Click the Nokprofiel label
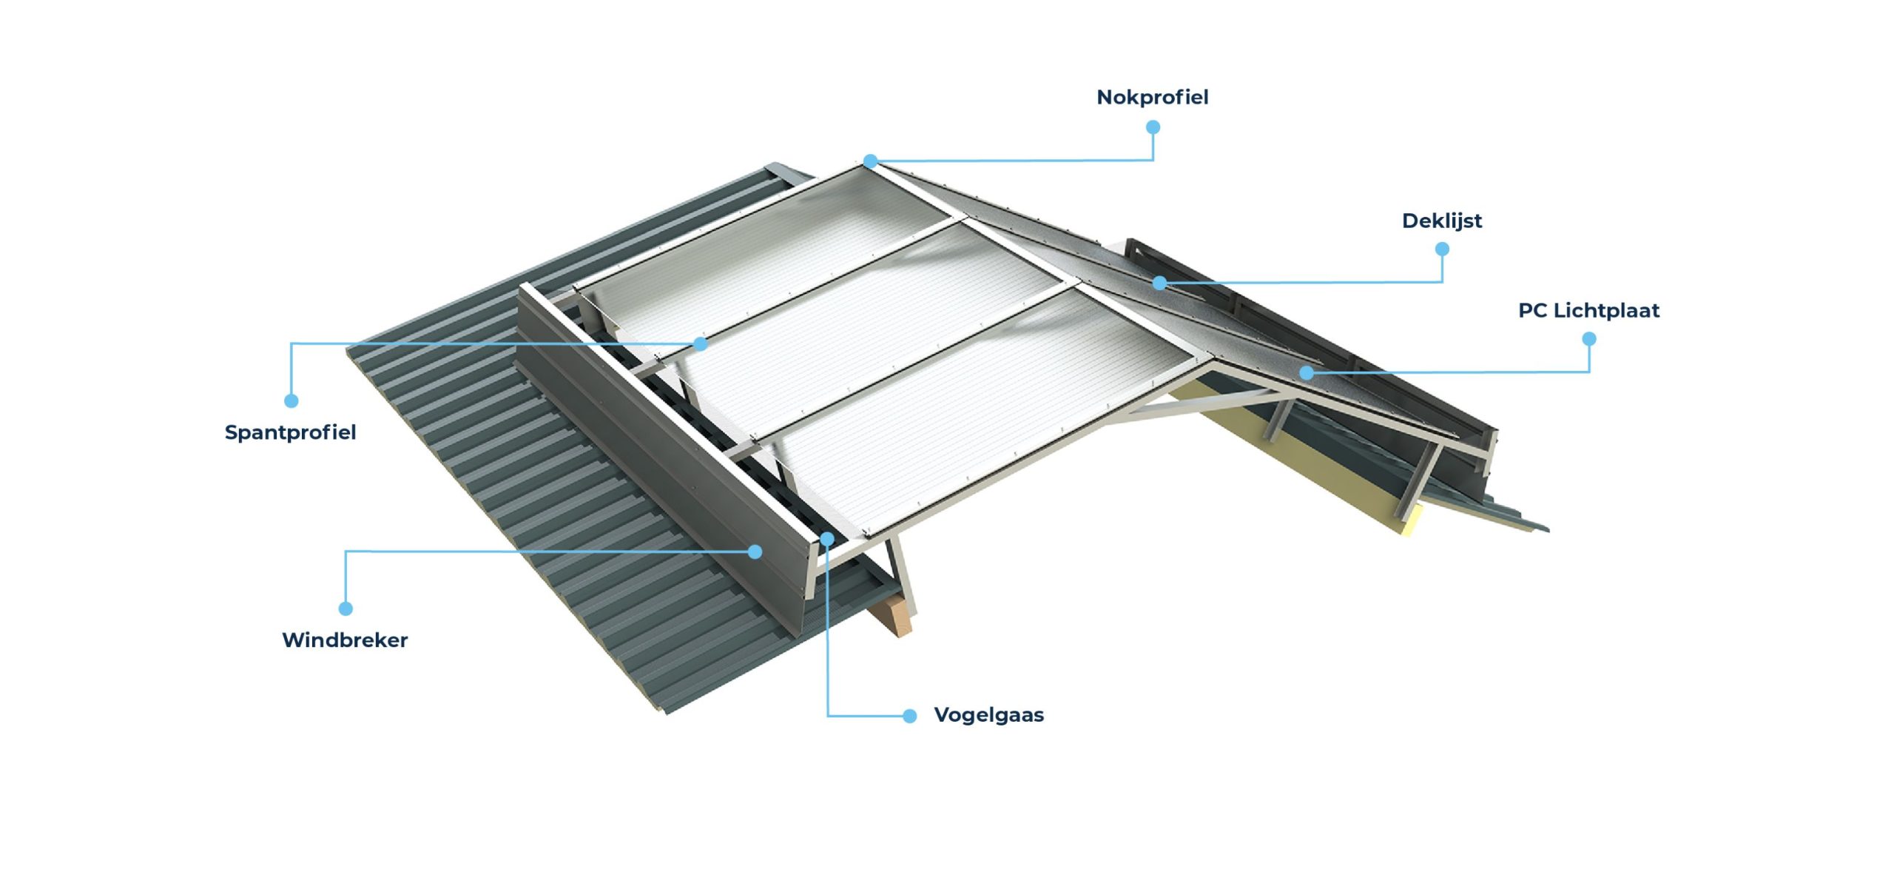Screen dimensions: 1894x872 pos(1152,97)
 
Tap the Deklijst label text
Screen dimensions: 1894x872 pos(1442,221)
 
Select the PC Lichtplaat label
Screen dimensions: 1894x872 pos(1588,310)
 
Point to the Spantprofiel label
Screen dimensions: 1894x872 pos(290,432)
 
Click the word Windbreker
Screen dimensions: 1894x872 pos(345,640)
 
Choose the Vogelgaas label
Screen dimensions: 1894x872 pos(988,715)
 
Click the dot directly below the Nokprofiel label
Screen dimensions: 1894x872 pos(1153,127)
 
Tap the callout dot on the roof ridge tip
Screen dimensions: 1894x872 pos(871,161)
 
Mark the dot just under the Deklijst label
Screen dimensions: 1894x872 pos(1442,249)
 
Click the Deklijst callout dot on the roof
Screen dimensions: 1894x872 pos(1160,283)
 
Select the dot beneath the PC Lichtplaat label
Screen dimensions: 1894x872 pos(1589,339)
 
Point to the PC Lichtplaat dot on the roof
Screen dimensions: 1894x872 pos(1307,372)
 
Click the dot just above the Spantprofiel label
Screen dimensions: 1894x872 pos(291,401)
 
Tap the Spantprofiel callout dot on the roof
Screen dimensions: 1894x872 pos(701,343)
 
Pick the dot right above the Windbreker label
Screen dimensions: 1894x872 pos(346,608)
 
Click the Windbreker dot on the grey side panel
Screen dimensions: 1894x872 pos(755,551)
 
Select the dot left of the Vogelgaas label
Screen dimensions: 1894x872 pos(910,716)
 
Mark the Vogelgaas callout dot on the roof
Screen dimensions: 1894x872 pos(827,539)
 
